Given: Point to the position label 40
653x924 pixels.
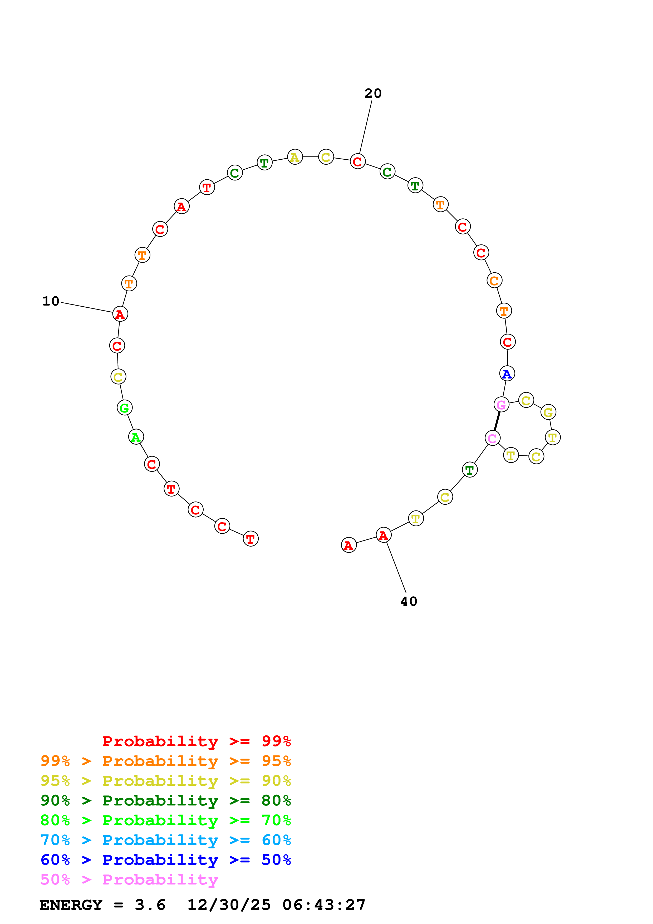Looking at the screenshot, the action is (409, 602).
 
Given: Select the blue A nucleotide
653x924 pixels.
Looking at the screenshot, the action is (507, 374).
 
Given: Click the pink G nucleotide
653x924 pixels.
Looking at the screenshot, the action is (501, 405).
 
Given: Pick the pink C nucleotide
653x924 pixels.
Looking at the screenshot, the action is (493, 438).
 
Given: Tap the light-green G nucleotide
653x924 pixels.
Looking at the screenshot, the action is (125, 408).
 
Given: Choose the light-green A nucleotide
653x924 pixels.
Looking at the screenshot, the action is (136, 437).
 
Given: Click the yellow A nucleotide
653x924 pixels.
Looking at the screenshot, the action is (295, 157).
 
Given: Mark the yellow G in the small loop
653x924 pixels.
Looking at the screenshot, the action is (548, 412).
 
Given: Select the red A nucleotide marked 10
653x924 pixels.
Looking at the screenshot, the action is (120, 314).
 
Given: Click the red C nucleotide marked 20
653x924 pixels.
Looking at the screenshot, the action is (357, 162).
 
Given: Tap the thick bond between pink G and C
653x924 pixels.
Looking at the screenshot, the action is (497, 421).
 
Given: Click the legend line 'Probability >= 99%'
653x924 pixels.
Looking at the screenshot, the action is (196, 741).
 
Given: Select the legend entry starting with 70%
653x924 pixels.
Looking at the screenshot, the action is (165, 840).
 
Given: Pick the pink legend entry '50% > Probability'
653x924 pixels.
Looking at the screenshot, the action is (129, 879).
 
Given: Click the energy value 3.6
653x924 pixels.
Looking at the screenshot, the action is (150, 905).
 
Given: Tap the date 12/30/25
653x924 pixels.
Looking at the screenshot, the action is (229, 905).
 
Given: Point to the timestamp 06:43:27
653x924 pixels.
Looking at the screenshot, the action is (324, 905).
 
